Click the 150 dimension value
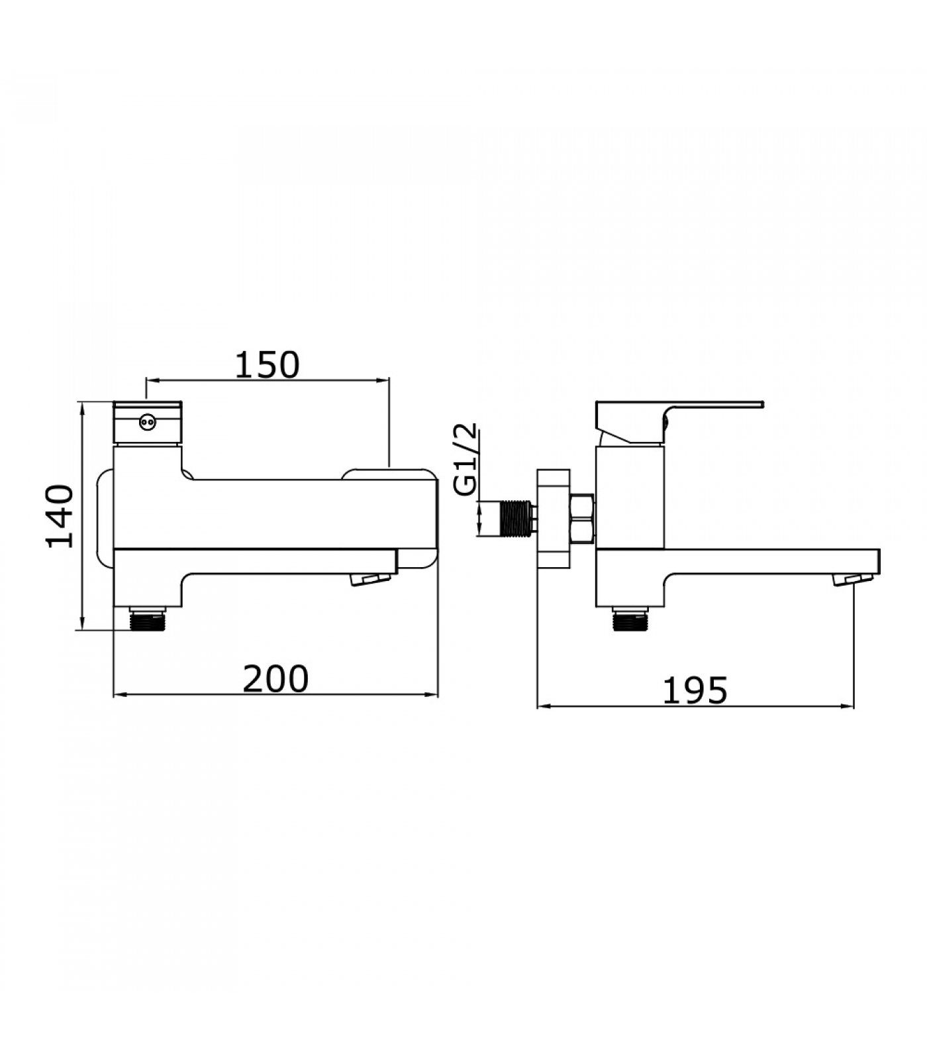click(268, 364)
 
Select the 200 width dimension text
click(275, 678)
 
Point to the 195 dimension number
click(695, 690)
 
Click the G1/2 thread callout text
click(466, 460)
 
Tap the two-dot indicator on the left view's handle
click(148, 420)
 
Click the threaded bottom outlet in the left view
click(148, 618)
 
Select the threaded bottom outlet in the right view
click(631, 619)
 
